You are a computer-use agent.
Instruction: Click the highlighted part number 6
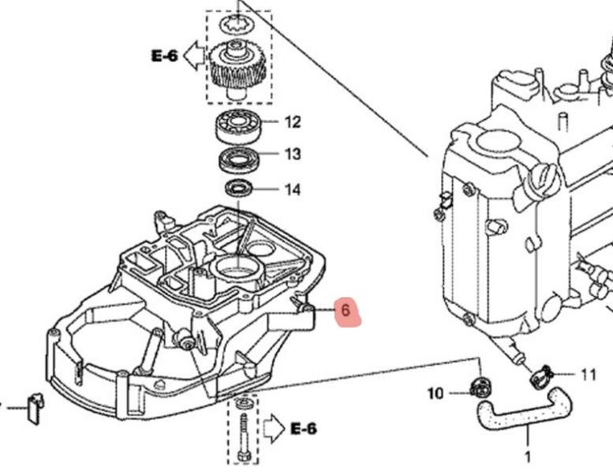pyautogui.click(x=346, y=311)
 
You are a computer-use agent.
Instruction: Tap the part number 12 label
pyautogui.click(x=293, y=122)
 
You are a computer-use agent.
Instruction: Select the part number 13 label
pyautogui.click(x=293, y=154)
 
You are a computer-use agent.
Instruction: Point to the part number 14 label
pyautogui.click(x=293, y=189)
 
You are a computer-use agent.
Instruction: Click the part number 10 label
pyautogui.click(x=435, y=393)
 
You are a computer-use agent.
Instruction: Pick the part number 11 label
pyautogui.click(x=589, y=374)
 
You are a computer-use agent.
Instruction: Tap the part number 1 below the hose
pyautogui.click(x=528, y=456)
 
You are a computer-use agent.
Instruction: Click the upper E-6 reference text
pyautogui.click(x=164, y=55)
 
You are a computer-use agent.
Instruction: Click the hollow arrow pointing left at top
pyautogui.click(x=192, y=55)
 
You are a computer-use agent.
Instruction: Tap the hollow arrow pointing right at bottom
pyautogui.click(x=274, y=428)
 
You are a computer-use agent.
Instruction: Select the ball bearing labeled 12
pyautogui.click(x=239, y=125)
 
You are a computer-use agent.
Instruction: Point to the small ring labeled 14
pyautogui.click(x=238, y=188)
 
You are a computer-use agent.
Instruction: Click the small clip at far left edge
pyautogui.click(x=33, y=407)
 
